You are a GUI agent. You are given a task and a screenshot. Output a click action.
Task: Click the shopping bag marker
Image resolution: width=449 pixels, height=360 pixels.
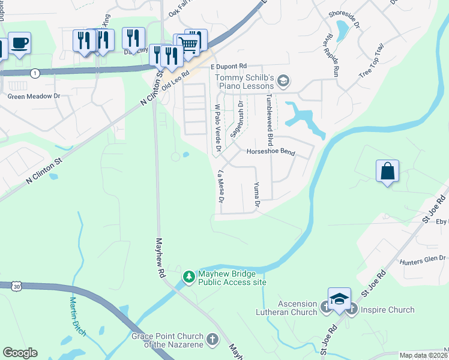388,171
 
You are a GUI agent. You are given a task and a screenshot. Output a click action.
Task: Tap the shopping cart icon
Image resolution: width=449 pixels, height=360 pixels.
188,43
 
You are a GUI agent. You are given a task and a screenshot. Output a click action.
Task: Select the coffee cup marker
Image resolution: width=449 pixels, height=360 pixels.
19,43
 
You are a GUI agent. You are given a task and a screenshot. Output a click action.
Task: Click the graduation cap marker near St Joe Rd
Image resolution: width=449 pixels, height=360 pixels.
339,299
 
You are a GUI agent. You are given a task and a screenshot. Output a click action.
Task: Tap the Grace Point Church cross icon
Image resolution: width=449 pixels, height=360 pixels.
212,340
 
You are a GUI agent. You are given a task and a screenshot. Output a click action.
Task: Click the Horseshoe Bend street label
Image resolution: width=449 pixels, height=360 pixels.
271,152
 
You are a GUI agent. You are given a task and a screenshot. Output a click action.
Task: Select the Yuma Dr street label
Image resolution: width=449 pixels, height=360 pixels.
256,195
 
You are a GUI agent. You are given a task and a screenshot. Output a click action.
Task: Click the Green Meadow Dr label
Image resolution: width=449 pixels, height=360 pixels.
34,95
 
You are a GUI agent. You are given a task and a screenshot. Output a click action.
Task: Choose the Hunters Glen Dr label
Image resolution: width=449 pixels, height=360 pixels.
423,259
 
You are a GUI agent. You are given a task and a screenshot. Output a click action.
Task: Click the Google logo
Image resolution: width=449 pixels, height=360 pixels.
20,353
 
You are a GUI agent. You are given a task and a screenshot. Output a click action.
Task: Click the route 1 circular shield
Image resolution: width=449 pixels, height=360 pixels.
36,73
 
